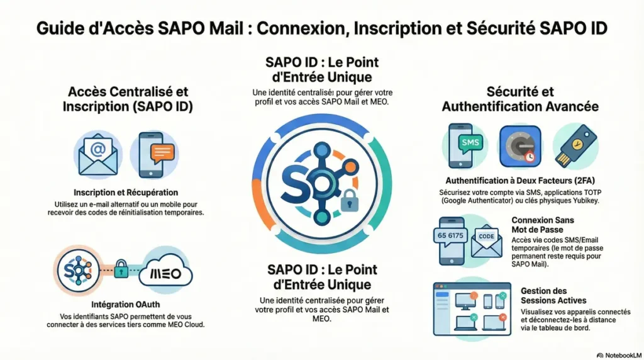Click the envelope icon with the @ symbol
click(97, 154)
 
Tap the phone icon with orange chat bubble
click(154, 154)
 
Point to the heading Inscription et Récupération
click(126, 192)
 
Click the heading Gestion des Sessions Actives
click(544, 296)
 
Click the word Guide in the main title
click(58, 29)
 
